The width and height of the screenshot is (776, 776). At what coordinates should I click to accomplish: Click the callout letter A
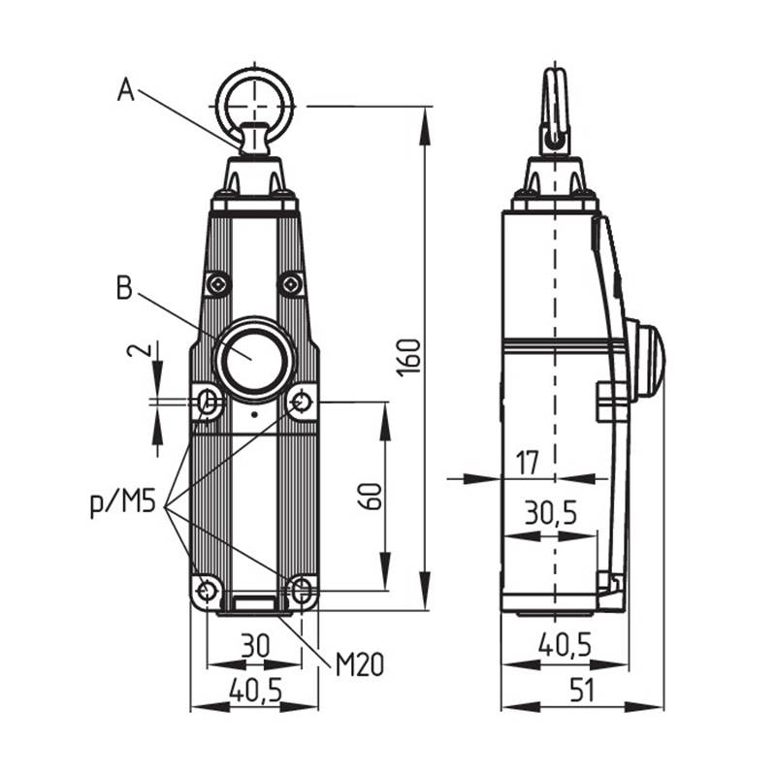(x=126, y=90)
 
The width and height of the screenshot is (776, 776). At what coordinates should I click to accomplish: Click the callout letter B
(x=125, y=287)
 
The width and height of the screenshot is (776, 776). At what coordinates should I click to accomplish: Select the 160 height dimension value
(x=410, y=357)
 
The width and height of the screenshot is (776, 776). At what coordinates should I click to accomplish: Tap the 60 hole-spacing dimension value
(x=372, y=496)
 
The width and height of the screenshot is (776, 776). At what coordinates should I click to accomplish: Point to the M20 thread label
(x=360, y=664)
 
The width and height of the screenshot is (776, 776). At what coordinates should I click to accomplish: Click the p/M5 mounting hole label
(x=123, y=503)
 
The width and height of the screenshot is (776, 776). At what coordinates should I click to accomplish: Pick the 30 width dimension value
(x=255, y=645)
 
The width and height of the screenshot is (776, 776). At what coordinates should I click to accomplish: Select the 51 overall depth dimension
(x=582, y=690)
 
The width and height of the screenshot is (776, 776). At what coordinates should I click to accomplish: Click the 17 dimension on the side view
(x=527, y=463)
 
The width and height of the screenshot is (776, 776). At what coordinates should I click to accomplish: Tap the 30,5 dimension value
(x=551, y=512)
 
